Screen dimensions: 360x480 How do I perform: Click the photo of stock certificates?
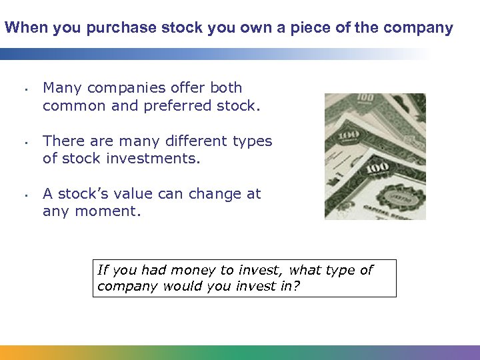coord(375,157)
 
